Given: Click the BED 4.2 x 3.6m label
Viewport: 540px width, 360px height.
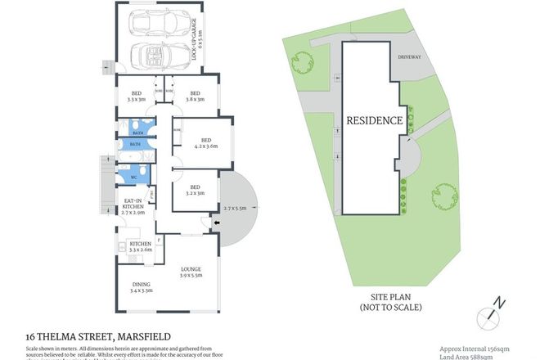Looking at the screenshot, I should [x=205, y=143].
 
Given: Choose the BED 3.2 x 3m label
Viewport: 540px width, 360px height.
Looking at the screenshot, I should [x=195, y=189].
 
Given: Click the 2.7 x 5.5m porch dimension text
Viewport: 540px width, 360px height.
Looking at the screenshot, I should [x=236, y=209].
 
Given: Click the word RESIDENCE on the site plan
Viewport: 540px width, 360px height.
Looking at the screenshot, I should [x=374, y=120].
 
